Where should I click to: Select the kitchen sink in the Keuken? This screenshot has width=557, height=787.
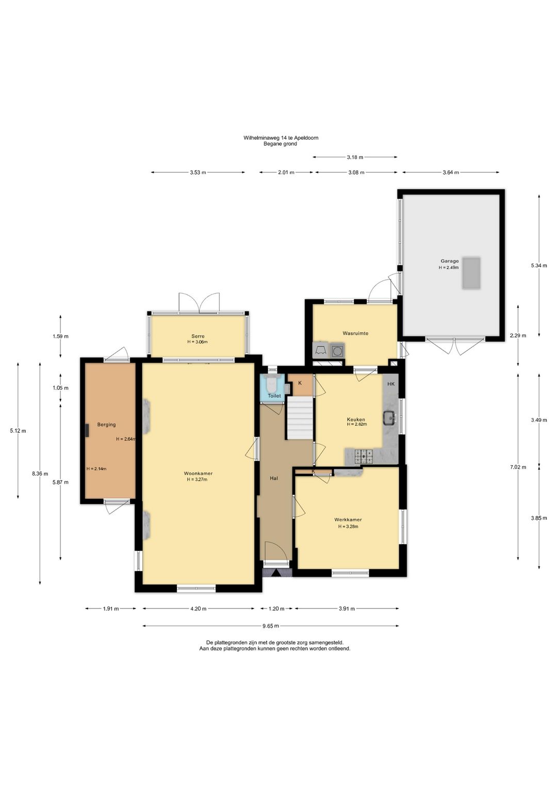point(390,417)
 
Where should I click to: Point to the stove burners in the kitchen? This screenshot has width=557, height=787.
point(365,456)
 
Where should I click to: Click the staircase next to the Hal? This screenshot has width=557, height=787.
point(300,418)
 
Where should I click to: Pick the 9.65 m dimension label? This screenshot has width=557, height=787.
point(271,626)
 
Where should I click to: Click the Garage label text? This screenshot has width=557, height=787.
point(450,261)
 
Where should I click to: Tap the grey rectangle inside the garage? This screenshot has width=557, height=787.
point(471,273)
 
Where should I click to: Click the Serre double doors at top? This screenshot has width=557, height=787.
point(199,303)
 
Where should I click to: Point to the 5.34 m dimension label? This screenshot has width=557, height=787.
point(539,266)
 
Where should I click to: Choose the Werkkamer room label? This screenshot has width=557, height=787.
point(348,519)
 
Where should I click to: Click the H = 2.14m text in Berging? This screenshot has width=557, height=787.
point(96,468)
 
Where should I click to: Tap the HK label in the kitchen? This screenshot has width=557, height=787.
point(391,384)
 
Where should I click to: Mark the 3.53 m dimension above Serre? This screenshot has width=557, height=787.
point(198,172)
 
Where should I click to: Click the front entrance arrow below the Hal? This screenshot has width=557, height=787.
point(277,573)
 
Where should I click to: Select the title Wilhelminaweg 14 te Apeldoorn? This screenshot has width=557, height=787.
point(281,138)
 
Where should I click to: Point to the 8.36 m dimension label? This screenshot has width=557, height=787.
point(40,473)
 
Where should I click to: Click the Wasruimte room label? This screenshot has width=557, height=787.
point(356,333)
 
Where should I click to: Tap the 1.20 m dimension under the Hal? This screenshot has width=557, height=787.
point(276,609)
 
